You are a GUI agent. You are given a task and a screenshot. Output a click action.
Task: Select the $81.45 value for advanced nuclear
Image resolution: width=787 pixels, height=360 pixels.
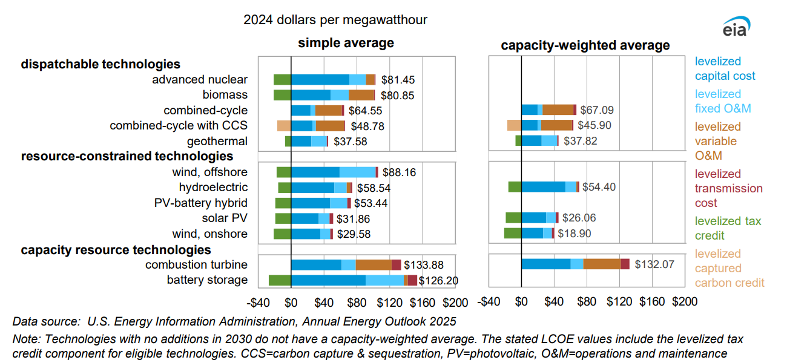pos(398,80)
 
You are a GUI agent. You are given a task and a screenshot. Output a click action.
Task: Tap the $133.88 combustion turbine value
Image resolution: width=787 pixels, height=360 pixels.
pos(424,265)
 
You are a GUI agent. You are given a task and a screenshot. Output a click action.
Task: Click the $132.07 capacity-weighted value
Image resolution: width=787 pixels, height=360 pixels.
pos(654,264)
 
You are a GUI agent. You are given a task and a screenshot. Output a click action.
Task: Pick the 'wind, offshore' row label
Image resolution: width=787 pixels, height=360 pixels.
pos(209,172)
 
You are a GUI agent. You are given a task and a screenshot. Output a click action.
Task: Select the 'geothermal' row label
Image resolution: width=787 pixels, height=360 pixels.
pos(217,142)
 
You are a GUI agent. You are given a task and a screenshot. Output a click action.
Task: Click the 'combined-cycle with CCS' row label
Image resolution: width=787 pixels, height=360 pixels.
pos(179,126)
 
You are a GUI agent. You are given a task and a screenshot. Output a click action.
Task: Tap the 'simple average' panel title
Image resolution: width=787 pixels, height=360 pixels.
pos(346,43)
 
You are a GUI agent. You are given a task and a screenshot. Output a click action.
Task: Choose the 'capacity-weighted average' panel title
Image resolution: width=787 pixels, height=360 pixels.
pos(585,45)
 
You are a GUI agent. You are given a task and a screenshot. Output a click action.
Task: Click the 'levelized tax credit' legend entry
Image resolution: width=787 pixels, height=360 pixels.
pos(728,228)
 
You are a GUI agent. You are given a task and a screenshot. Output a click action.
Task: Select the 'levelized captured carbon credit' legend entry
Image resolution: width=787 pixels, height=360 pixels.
pos(729,268)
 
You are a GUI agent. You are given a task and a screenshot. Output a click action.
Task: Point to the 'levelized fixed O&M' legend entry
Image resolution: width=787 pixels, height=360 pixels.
pos(723,101)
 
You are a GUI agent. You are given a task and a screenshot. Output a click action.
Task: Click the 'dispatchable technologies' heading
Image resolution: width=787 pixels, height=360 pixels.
pos(100,64)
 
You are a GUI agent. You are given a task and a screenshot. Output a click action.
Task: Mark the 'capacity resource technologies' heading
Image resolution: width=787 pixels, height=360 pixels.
pos(116,249)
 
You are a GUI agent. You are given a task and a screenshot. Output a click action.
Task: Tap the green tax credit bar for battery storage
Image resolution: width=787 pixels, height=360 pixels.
pos(280,280)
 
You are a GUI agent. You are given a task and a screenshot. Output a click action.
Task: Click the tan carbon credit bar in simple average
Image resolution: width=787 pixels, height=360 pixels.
pos(284,126)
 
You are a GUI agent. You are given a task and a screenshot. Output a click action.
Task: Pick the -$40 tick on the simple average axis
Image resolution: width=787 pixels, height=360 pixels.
pos(260,302)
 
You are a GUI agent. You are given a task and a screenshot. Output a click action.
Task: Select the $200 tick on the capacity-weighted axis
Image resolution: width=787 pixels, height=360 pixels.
pos(685,302)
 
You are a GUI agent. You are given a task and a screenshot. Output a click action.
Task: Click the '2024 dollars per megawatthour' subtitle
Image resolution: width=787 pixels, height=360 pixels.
pos(335,20)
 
